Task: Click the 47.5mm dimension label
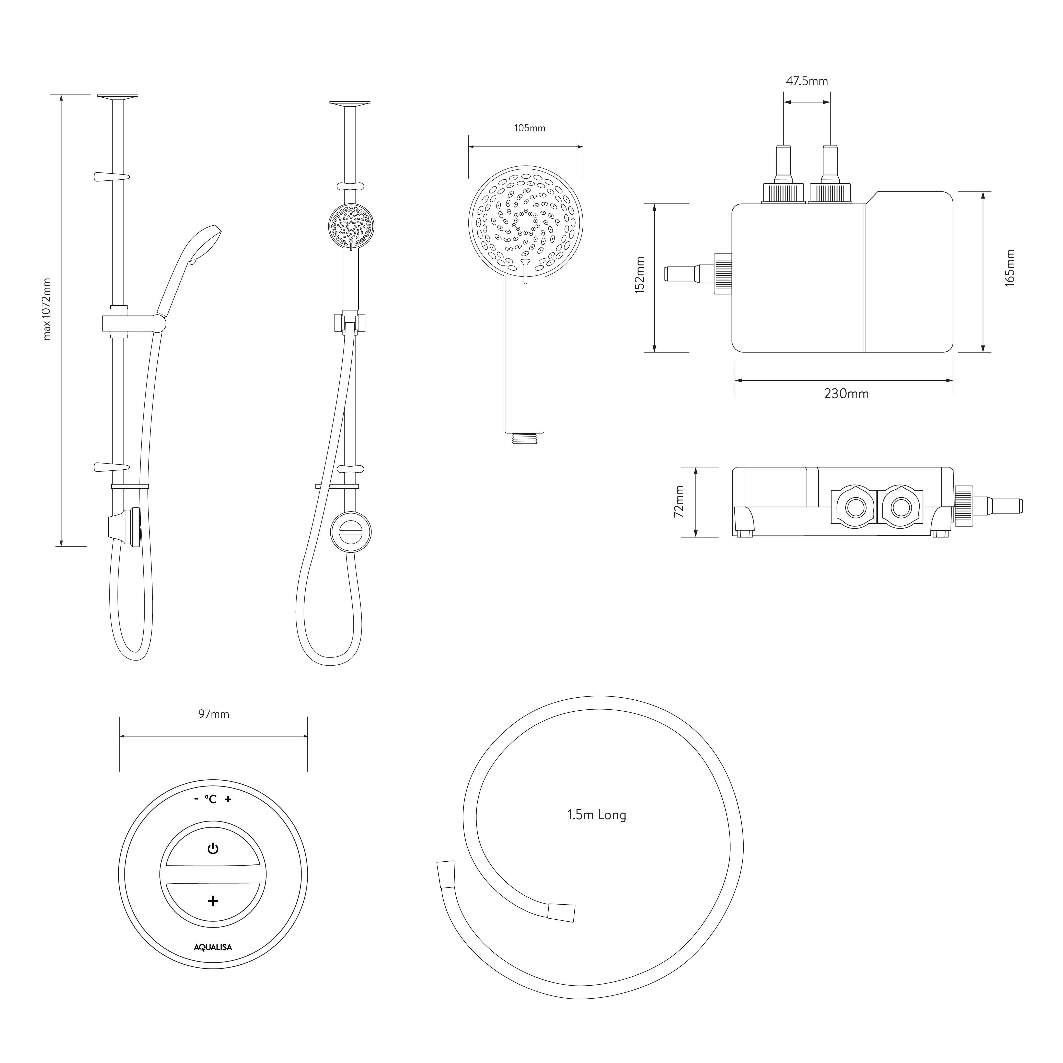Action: click(x=807, y=82)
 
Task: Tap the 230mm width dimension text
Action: click(x=846, y=394)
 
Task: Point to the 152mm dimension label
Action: click(x=639, y=275)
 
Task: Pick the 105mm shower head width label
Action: click(x=530, y=128)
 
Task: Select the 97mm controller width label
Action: click(x=213, y=714)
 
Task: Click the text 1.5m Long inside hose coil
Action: click(x=597, y=815)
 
